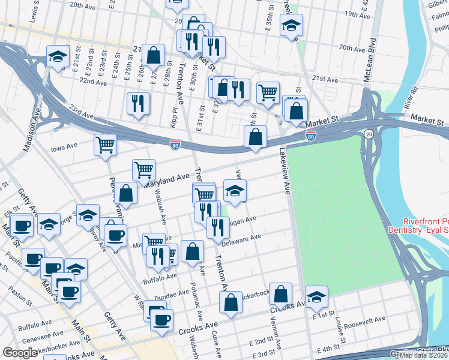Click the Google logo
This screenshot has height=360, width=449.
click(20, 353)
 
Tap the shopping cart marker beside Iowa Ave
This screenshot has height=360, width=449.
click(105, 144)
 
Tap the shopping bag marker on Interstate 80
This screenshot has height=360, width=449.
click(256, 136)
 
